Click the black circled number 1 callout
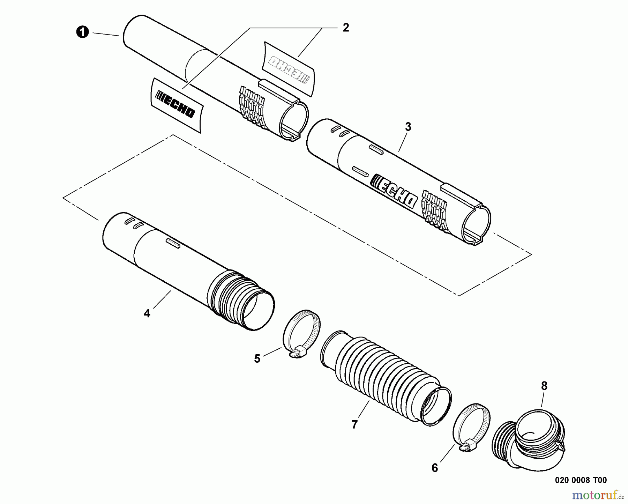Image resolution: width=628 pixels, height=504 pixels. (x=83, y=32)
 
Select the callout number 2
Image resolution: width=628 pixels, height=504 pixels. (x=346, y=28)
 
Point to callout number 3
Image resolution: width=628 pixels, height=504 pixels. (x=408, y=127)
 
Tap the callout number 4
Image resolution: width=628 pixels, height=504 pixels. (x=147, y=313)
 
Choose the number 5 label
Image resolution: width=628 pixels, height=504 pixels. (x=257, y=358)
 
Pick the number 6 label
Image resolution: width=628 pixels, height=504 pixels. (x=434, y=468)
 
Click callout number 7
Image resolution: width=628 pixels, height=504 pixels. (x=354, y=425)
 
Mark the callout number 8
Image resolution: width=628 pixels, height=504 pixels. (x=544, y=386)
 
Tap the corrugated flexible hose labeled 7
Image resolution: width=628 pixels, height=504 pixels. (x=386, y=378)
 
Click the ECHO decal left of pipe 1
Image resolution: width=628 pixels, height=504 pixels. (x=176, y=105)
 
